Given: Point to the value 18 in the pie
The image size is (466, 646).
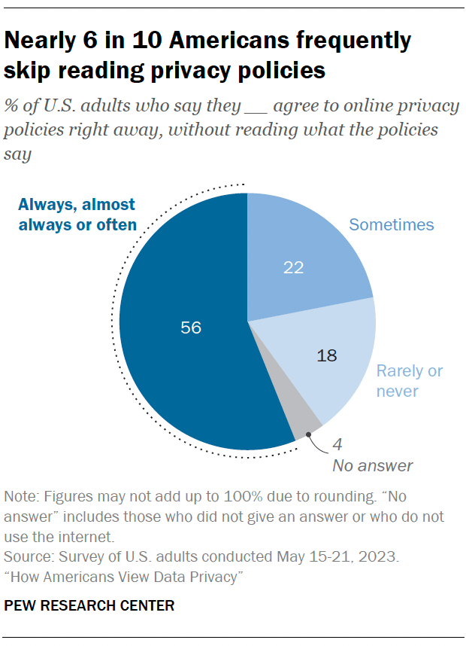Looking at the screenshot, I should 328,355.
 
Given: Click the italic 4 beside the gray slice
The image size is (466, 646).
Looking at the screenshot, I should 337,444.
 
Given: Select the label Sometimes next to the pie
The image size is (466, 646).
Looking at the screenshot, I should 392,224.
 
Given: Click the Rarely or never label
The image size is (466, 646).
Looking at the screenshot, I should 409,381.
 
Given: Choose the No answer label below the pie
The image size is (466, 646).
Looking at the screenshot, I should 372,465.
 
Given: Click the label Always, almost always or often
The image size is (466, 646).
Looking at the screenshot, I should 77,215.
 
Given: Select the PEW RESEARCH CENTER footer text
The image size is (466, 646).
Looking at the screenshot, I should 89,605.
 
